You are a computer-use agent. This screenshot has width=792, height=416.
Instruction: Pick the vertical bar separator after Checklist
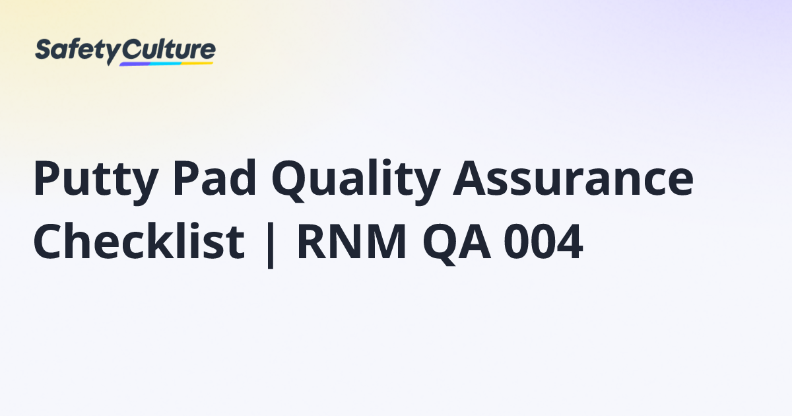pyautogui.click(x=271, y=245)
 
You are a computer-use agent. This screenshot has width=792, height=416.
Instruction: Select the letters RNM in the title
pyautogui.click(x=352, y=242)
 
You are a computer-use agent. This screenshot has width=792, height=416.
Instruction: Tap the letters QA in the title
pyautogui.click(x=457, y=244)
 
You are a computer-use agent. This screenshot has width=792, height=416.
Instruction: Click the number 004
pyautogui.click(x=543, y=242)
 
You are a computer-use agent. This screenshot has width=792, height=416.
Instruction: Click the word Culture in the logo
pyautogui.click(x=169, y=50)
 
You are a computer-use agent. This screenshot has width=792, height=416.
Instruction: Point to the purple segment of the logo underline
pyautogui.click(x=135, y=65)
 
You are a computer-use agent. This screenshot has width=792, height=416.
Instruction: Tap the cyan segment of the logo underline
pyautogui.click(x=166, y=63)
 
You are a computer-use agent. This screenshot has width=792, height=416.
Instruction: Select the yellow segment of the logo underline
pyautogui.click(x=197, y=63)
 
